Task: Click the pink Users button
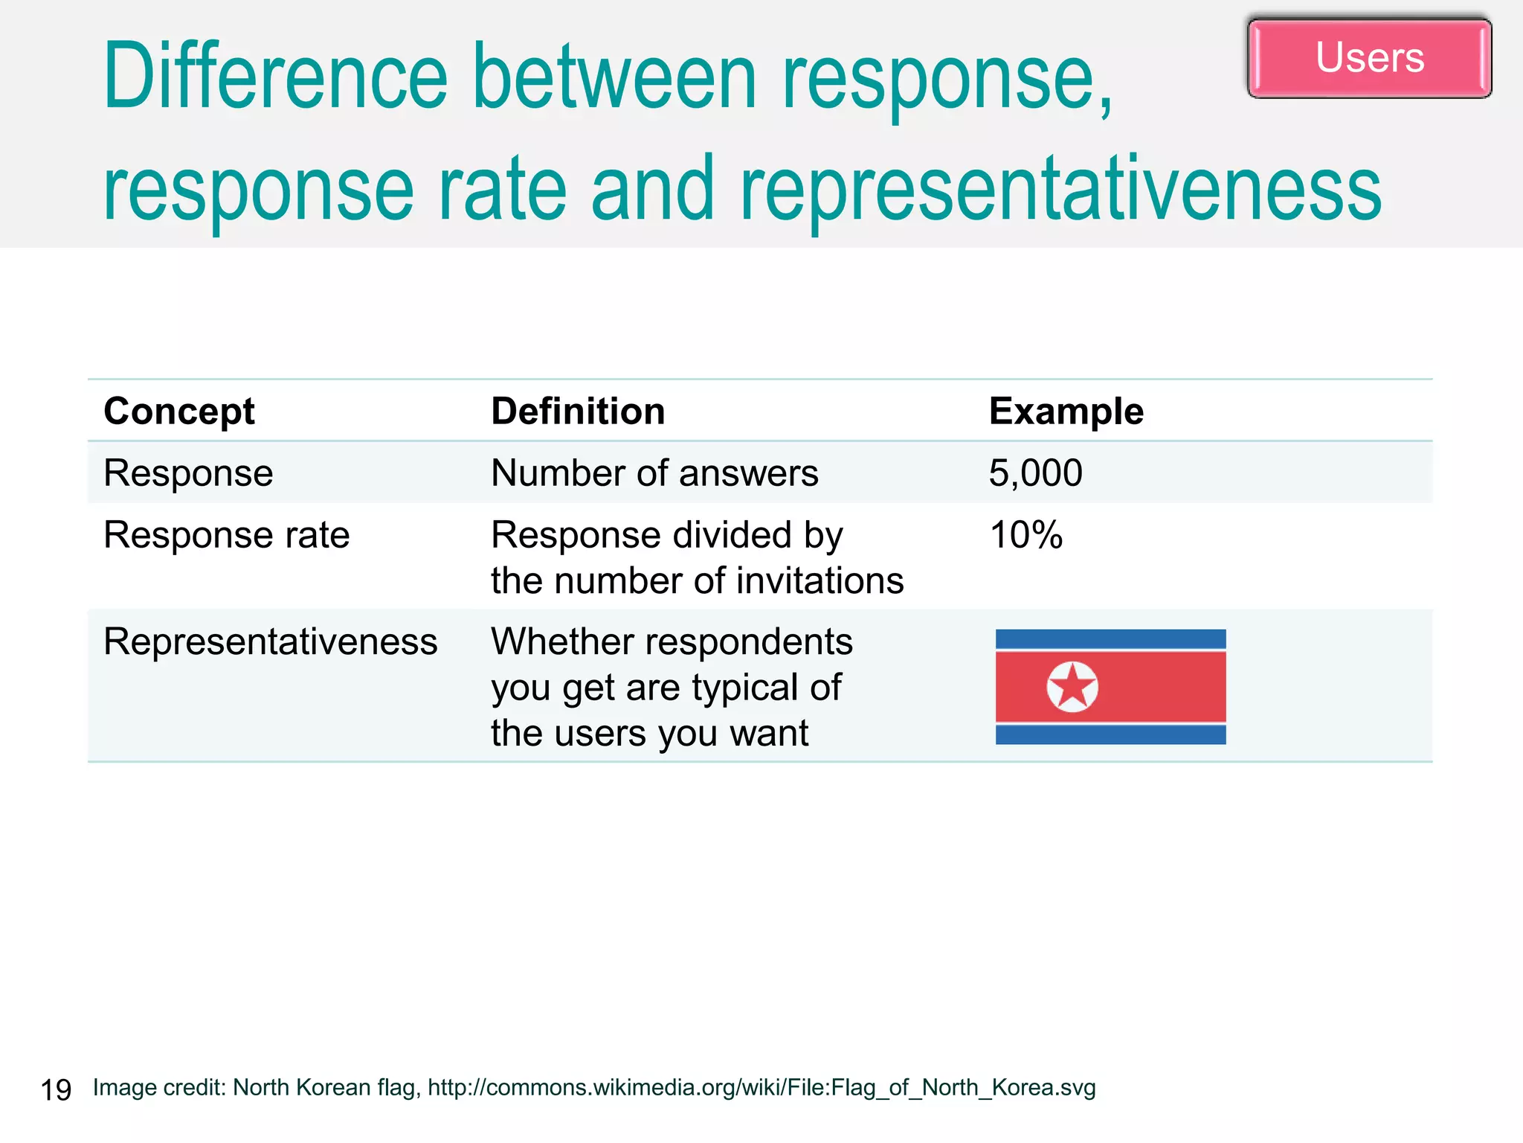click(1369, 58)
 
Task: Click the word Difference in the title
click(275, 77)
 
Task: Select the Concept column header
click(178, 412)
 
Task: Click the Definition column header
click(578, 412)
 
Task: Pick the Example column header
click(1066, 412)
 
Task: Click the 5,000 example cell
click(1035, 473)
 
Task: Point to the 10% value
click(1025, 535)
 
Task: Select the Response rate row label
click(226, 535)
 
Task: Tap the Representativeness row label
click(270, 641)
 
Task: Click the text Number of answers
click(654, 473)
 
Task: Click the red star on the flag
click(1072, 686)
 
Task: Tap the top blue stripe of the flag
click(1110, 638)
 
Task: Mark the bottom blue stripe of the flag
click(1110, 735)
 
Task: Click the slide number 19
click(56, 1090)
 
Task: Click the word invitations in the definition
click(812, 581)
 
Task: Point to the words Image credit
click(158, 1088)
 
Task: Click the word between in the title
click(615, 77)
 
